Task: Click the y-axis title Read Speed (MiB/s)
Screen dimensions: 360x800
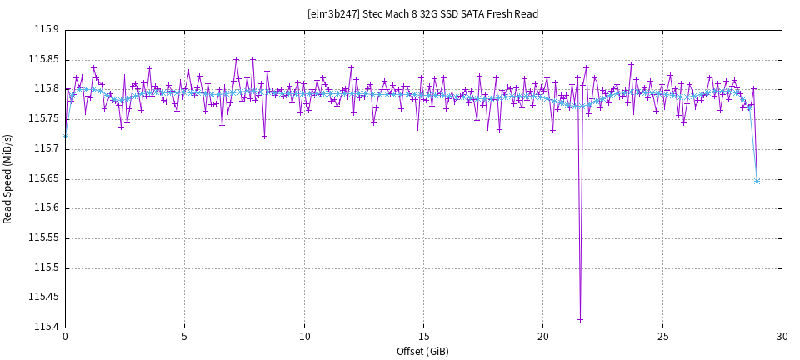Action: click(x=8, y=177)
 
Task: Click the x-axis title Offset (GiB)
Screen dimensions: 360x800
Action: click(x=422, y=351)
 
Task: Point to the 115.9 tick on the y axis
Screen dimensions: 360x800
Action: click(x=46, y=29)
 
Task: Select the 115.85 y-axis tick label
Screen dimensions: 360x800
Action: click(x=43, y=59)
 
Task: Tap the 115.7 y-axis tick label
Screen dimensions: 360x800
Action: click(x=46, y=148)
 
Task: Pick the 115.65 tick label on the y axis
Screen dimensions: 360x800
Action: click(x=43, y=178)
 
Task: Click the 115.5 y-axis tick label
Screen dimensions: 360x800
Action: click(x=46, y=267)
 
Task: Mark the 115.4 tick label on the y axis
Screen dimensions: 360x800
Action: click(x=46, y=327)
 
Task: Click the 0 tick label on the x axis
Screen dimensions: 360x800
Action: click(x=65, y=337)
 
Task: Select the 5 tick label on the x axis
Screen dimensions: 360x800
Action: click(x=184, y=337)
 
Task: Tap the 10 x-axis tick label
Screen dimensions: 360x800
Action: click(x=304, y=337)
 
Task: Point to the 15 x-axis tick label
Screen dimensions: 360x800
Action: click(x=423, y=337)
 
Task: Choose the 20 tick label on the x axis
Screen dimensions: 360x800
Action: click(x=542, y=337)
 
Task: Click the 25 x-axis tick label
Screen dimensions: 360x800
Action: click(x=662, y=337)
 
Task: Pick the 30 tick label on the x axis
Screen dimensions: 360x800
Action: click(x=782, y=337)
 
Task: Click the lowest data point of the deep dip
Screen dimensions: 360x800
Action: click(x=580, y=319)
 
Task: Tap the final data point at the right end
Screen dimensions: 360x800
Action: click(x=757, y=181)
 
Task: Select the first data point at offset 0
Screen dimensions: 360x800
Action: click(x=65, y=135)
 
